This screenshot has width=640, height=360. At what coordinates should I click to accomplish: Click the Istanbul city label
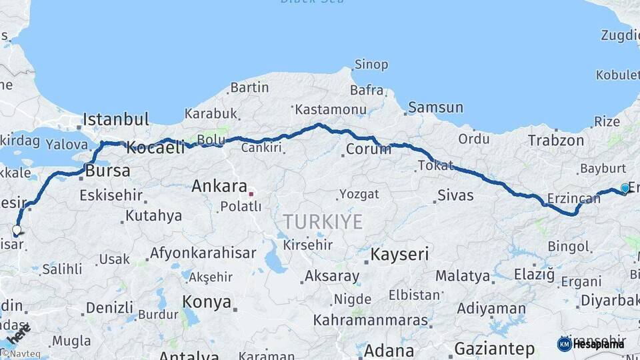pos(116,120)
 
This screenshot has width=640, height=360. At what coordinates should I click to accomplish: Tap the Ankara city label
pos(219,186)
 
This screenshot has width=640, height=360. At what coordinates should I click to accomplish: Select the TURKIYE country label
pos(323,222)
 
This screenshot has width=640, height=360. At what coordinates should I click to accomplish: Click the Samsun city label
pos(435,107)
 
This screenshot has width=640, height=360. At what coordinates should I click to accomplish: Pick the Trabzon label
pos(556,140)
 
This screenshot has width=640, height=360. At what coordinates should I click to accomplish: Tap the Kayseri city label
pos(399,254)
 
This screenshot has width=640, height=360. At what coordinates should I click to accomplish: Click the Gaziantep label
pos(494,349)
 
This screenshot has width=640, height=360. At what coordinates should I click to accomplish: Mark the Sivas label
pos(455,195)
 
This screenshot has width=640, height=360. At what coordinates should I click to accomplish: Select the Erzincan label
pos(569,198)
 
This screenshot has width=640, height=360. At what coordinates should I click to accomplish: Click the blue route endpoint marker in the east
pos(625,188)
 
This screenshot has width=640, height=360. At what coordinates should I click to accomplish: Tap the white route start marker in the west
pos(17,230)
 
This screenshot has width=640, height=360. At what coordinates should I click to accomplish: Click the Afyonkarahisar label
pos(203,253)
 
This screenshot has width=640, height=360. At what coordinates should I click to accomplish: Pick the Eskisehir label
pos(111,195)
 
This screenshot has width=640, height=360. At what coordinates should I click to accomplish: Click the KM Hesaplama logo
pos(591,344)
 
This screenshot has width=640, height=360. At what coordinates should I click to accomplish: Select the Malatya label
pos(463,275)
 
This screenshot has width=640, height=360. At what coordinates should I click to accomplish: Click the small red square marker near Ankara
pos(251,194)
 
